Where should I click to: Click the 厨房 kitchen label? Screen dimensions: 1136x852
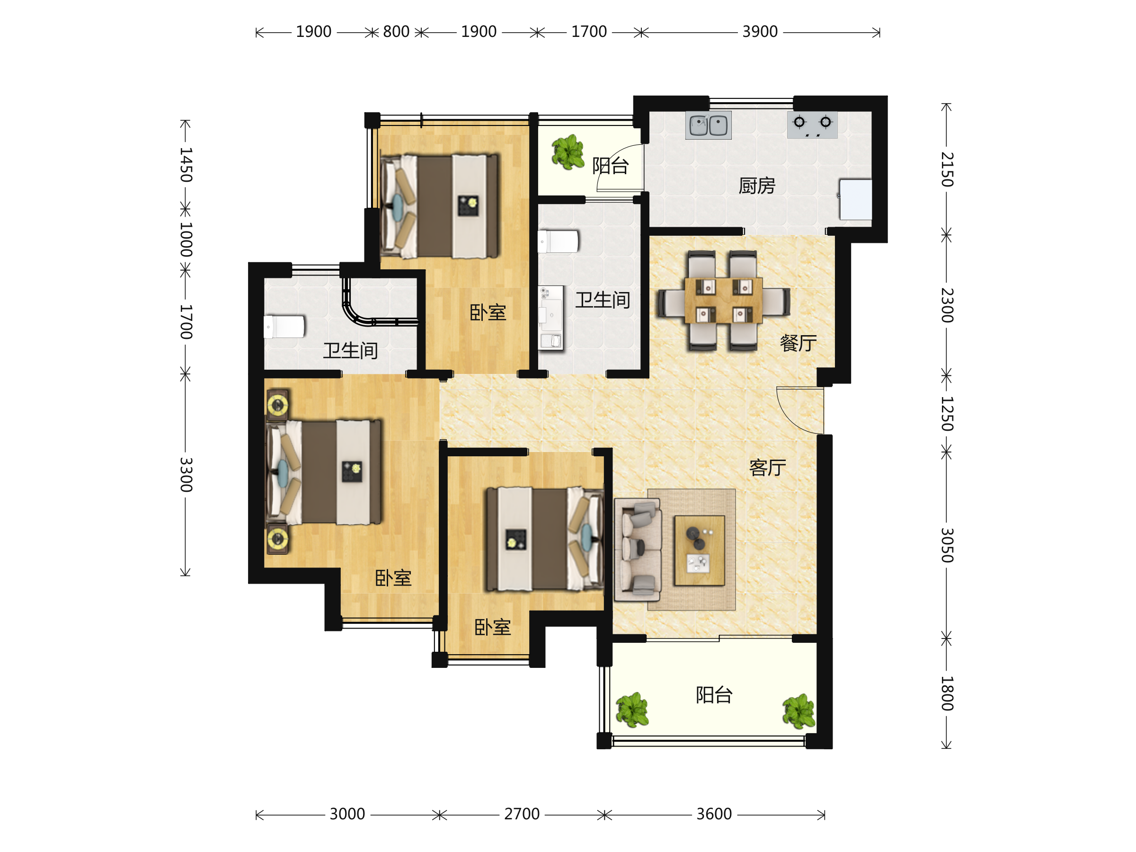click(756, 186)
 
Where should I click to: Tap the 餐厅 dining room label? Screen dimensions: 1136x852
click(798, 343)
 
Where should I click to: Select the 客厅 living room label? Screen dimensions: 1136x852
click(767, 467)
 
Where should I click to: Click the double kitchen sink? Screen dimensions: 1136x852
click(708, 125)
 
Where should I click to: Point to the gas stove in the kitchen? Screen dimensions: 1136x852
click(812, 125)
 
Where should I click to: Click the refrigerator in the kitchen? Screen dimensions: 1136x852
click(855, 199)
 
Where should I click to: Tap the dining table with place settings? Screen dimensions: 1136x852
click(723, 300)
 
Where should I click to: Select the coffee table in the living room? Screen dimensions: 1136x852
click(700, 550)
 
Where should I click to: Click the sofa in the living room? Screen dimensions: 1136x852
click(638, 550)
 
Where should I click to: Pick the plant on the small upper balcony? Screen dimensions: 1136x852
click(568, 152)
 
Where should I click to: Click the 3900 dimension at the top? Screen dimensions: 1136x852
click(760, 32)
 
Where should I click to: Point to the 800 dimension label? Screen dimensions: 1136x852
click(396, 32)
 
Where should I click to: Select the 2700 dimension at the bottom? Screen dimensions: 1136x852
click(522, 814)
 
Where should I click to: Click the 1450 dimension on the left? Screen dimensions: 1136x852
click(186, 165)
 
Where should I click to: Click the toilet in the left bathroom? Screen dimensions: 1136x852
click(284, 327)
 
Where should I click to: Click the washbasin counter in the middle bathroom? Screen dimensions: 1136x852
click(550, 319)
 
